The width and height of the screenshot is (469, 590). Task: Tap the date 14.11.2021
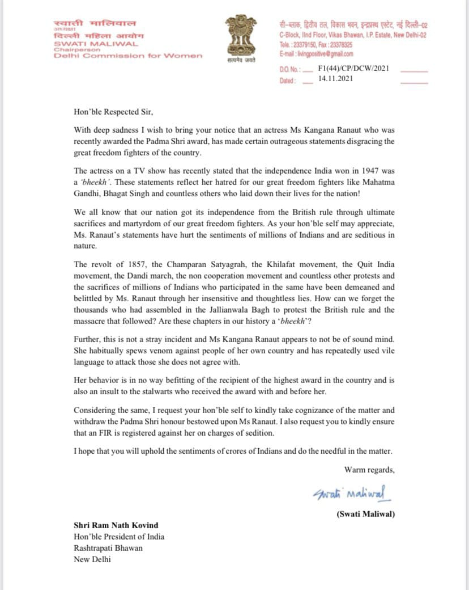click(x=336, y=79)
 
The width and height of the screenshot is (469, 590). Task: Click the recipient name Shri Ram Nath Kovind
click(x=117, y=525)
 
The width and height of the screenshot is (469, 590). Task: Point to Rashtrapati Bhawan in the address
click(x=109, y=548)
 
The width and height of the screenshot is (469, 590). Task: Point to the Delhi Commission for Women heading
click(x=128, y=55)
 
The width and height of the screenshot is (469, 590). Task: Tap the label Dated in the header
click(x=287, y=81)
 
